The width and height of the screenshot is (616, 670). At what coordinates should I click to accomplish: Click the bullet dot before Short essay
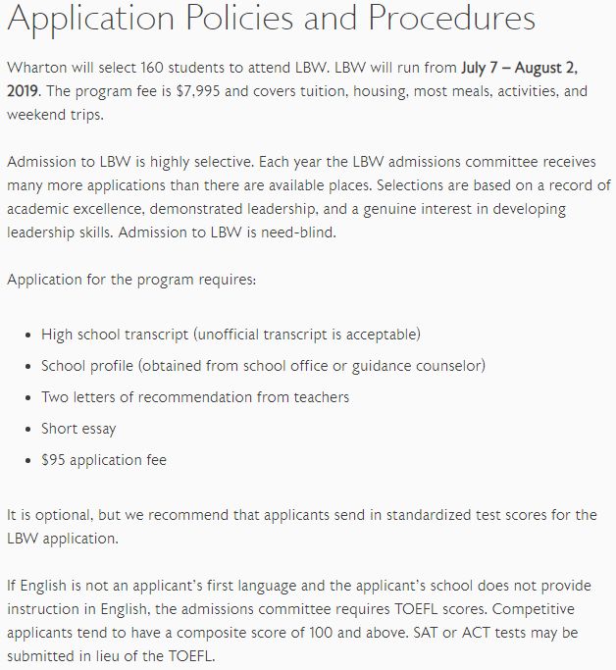(x=26, y=429)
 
